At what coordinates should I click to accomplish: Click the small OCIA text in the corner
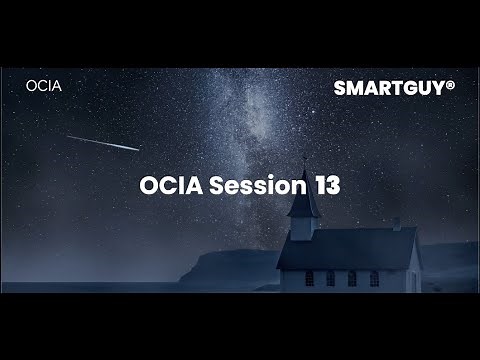(x=44, y=86)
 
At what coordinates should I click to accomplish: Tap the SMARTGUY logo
(x=393, y=87)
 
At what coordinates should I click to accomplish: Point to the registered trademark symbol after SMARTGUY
(x=451, y=84)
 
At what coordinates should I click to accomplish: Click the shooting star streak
(x=103, y=143)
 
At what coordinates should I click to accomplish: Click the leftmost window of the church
(x=309, y=277)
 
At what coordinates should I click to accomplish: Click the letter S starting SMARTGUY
(x=340, y=87)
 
